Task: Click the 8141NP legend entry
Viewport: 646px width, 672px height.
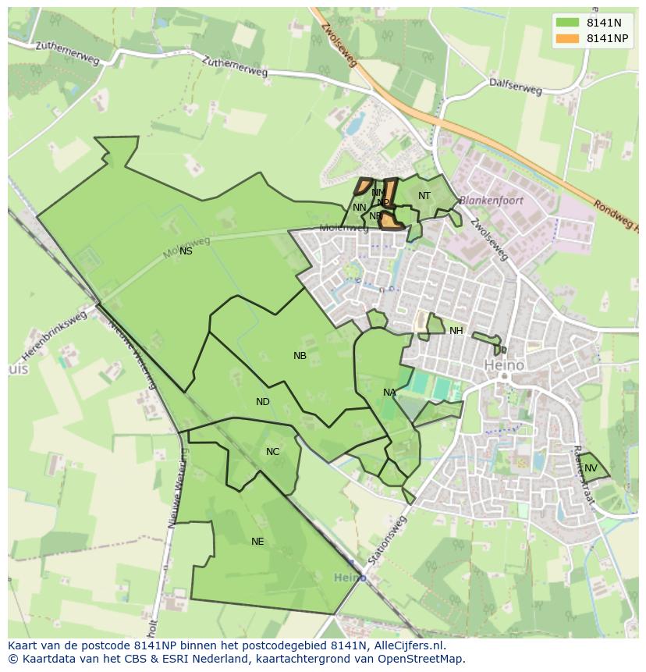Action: pos(608,38)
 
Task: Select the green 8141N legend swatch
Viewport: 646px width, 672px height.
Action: pos(567,23)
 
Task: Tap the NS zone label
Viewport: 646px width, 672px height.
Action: pos(186,251)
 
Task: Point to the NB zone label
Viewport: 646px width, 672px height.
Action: pos(300,356)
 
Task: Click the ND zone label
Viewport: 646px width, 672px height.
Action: pos(263,402)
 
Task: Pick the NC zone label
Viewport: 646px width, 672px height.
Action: pos(272,452)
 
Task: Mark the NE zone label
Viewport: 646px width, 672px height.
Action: pos(257,542)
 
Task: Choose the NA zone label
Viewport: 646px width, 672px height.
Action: pos(389,393)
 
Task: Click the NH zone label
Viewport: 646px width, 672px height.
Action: pos(456,331)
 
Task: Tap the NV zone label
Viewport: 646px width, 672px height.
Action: pos(591,468)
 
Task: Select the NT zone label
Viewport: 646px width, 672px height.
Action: pos(424,196)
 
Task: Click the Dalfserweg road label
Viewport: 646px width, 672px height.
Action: pos(515,86)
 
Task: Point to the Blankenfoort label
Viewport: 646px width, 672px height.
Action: pos(491,201)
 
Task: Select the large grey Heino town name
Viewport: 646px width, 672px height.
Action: pos(504,364)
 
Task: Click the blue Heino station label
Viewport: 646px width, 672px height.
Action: pos(350,578)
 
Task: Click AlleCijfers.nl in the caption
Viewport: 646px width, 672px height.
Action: pos(408,645)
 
